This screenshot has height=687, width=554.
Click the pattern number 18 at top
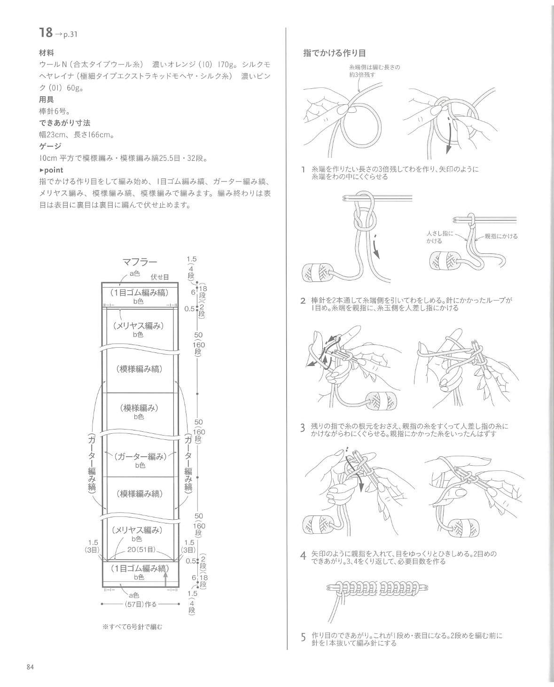(46, 32)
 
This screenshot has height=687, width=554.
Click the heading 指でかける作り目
(334, 53)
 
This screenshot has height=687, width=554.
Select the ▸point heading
(51, 170)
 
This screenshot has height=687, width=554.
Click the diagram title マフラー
(140, 262)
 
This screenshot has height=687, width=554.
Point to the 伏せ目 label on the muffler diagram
(160, 277)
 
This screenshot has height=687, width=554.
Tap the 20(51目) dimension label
(141, 549)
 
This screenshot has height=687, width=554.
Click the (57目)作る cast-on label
(140, 604)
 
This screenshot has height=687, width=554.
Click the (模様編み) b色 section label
(139, 412)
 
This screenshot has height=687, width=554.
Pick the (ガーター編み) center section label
(140, 461)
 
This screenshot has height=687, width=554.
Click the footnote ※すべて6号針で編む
(132, 627)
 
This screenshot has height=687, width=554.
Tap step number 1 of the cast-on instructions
(304, 170)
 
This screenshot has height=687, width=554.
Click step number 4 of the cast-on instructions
(304, 556)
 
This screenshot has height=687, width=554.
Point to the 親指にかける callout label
(501, 236)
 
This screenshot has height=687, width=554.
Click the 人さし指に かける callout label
(440, 237)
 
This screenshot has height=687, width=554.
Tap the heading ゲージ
(50, 146)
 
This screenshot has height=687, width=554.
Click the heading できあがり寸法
(64, 123)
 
